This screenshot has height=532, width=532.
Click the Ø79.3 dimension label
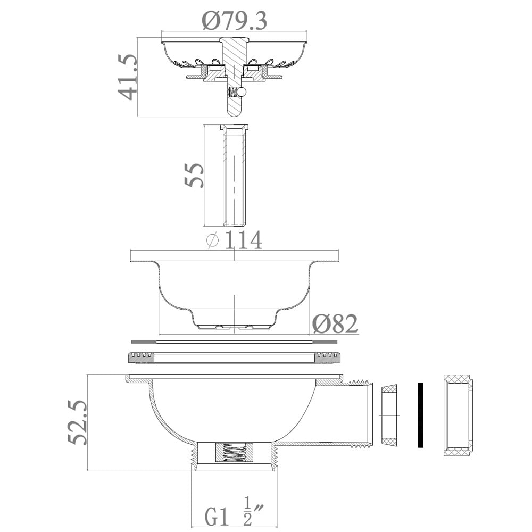pyautogui.click(x=234, y=20)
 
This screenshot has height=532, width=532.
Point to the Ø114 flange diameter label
pyautogui.click(x=234, y=240)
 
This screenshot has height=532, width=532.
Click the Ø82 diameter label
pyautogui.click(x=335, y=323)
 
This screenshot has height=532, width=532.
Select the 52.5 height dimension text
pyautogui.click(x=78, y=423)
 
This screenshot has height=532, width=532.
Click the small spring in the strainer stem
pyautogui.click(x=233, y=92)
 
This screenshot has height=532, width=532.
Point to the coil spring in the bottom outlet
pyautogui.click(x=234, y=453)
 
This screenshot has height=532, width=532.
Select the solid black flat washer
pyautogui.click(x=420, y=415)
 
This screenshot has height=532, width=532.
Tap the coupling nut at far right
pyautogui.click(x=458, y=415)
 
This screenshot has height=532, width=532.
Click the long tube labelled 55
pyautogui.click(x=234, y=176)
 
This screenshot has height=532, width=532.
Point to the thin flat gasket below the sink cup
pyautogui.click(x=234, y=342)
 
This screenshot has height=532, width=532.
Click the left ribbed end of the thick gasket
pyautogui.click(x=141, y=358)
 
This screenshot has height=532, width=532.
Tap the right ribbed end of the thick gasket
pyautogui.click(x=327, y=358)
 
